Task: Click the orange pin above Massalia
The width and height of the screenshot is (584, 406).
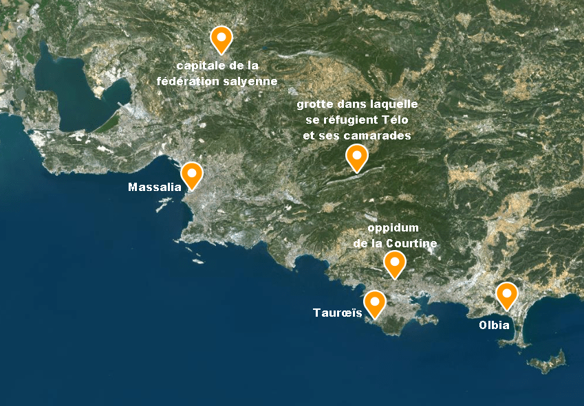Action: [x=191, y=173]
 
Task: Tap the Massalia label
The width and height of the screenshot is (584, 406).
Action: [x=154, y=187]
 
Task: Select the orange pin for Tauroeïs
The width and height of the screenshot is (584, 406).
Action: [x=375, y=302]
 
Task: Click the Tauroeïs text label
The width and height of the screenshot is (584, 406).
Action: [x=338, y=313]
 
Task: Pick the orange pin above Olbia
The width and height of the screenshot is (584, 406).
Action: [x=507, y=294]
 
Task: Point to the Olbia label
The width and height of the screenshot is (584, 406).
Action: [x=495, y=325]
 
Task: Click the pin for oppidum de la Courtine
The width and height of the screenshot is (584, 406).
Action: [x=394, y=262]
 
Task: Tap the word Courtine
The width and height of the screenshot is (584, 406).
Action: [x=411, y=243]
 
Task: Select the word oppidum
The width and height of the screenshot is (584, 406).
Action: [x=393, y=228]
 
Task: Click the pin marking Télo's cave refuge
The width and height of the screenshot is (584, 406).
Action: [x=356, y=156]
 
